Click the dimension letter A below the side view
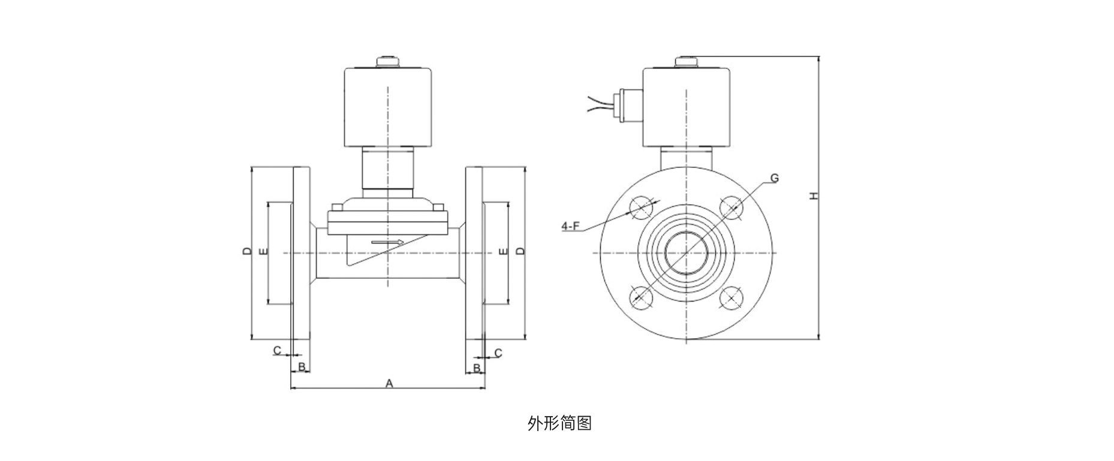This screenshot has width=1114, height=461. click(x=389, y=383)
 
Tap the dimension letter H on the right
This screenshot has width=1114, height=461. click(x=813, y=195)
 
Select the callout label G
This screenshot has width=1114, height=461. click(x=773, y=178)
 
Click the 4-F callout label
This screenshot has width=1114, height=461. click(x=570, y=226)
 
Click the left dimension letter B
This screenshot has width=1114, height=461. click(x=302, y=366)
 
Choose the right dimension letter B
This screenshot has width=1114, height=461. click(x=477, y=367)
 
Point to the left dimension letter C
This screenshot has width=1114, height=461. click(x=277, y=350)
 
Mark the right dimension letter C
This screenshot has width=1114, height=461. click(x=498, y=353)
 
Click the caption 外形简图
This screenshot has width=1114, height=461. click(x=559, y=423)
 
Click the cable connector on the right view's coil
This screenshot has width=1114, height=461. click(x=625, y=106)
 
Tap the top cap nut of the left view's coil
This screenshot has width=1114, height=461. click(x=387, y=61)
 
